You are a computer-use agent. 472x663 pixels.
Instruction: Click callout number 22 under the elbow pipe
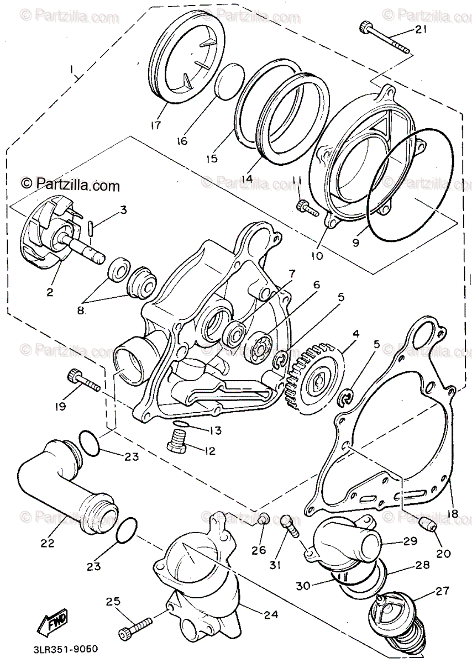click(x=48, y=543)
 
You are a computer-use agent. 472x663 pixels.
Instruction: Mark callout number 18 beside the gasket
click(x=453, y=513)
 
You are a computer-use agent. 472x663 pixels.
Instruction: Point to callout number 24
click(x=271, y=614)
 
